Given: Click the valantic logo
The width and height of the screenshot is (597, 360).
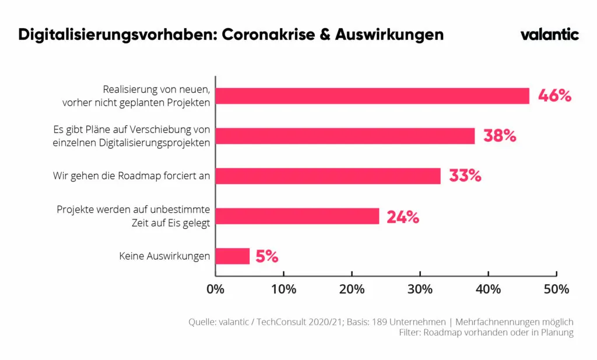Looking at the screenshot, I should [549, 34].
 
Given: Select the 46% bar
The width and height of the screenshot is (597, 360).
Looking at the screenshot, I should [373, 96].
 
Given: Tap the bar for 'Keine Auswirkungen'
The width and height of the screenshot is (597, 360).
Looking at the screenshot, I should [233, 256].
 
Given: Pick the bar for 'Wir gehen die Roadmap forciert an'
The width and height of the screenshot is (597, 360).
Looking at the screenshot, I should [328, 176].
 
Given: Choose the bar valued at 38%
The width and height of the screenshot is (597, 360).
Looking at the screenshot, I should [345, 136].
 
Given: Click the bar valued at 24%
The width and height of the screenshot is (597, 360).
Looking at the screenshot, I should [297, 216].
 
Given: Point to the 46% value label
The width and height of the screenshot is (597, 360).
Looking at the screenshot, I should [554, 96].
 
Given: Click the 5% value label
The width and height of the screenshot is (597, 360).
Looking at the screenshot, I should [267, 256].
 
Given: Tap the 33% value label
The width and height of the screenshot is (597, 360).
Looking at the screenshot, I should [465, 176].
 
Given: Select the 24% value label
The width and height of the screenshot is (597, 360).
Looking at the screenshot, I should [403, 217].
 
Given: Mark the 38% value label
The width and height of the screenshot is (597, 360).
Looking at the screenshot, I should [500, 136].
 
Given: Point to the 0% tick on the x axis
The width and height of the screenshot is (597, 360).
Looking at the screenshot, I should [216, 289].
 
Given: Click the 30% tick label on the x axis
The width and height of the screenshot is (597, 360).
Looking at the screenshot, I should [420, 289].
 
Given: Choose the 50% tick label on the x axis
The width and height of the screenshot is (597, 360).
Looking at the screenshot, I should [557, 289].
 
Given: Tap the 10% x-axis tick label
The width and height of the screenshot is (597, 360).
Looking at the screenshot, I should [284, 289].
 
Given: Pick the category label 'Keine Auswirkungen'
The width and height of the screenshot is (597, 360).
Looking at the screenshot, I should [164, 256].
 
